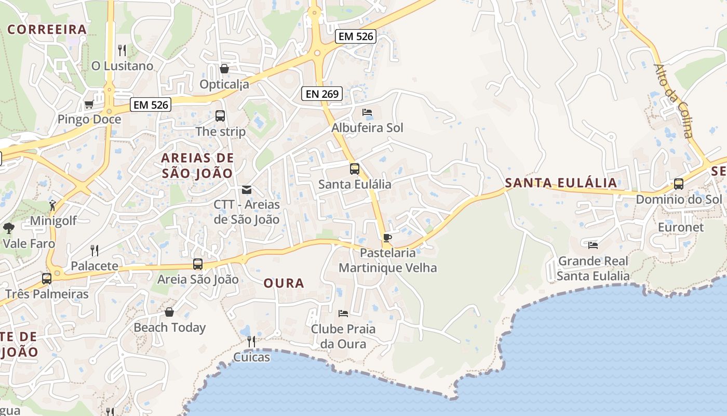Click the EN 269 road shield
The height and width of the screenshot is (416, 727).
[x=322, y=94]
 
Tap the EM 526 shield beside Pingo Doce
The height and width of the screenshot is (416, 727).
[x=151, y=105]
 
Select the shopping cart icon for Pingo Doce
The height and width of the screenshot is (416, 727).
[x=89, y=105]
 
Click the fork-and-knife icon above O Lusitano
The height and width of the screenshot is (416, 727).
[x=122, y=50]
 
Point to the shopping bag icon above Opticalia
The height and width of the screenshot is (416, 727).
[x=224, y=69]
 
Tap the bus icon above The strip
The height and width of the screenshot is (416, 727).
[x=220, y=116]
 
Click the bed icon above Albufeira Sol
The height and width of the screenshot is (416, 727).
[x=367, y=112]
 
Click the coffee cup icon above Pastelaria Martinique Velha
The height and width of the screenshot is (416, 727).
[x=387, y=238]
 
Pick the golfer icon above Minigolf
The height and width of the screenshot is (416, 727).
[x=52, y=205]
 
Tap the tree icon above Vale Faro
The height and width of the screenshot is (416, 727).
[x=8, y=228]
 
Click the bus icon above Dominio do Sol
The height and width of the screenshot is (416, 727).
[x=678, y=184]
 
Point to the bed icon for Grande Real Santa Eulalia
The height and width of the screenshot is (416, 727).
[x=593, y=245]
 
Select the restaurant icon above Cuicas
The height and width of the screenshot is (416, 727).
[x=251, y=342]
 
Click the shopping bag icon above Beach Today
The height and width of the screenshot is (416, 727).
[x=169, y=312]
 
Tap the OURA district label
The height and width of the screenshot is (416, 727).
[x=284, y=283]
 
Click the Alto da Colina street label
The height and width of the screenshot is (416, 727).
[x=674, y=101]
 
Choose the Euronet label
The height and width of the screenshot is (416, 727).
[x=681, y=227]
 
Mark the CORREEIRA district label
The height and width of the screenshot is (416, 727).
[x=47, y=30]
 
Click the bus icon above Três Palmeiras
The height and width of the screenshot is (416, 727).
[x=47, y=278]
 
